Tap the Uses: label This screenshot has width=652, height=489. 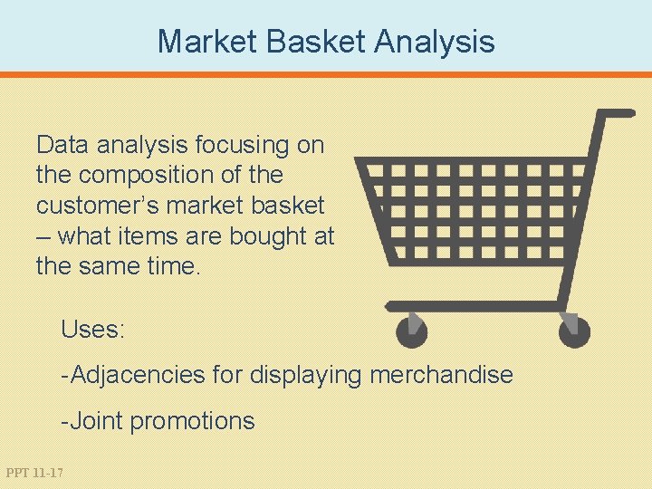pos(92,330)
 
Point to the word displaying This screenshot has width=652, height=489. pos(306,375)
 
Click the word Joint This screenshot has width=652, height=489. pos(96,421)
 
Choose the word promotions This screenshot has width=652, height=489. pos(193,421)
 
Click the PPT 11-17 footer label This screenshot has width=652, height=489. pos(34,473)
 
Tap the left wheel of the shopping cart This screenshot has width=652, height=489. pos(412,331)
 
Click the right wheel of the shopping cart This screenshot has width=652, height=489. pos(574,331)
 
